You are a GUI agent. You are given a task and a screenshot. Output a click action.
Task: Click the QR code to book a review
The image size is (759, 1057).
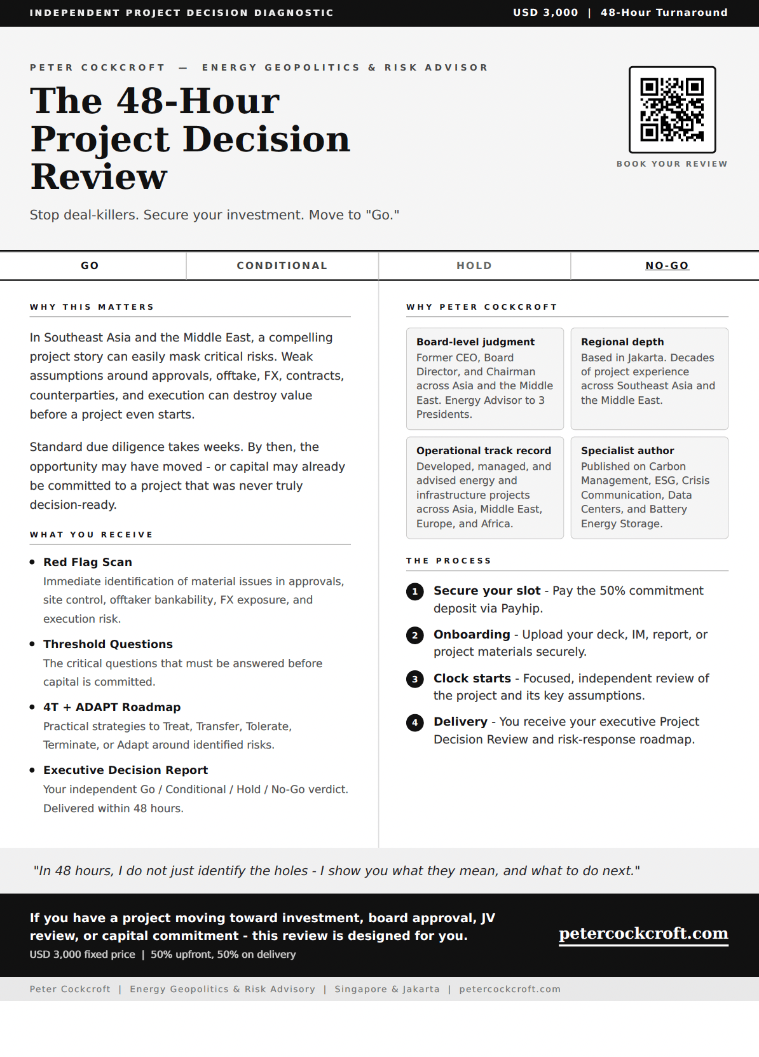pos(672,109)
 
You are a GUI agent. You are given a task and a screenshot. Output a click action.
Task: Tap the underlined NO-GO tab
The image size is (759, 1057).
pos(667,266)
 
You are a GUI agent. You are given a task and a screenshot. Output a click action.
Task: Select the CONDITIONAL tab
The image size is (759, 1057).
pos(282,266)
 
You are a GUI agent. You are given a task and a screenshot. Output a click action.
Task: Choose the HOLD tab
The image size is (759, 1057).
pos(474,266)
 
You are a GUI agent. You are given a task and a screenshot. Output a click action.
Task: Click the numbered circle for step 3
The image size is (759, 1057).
pos(415,679)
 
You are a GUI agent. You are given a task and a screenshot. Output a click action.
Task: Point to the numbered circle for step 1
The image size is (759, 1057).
pos(415,591)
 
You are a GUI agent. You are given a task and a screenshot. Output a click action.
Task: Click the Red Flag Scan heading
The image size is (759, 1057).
pos(88,562)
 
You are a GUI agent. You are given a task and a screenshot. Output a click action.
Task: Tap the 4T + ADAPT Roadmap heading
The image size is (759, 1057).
pos(112,707)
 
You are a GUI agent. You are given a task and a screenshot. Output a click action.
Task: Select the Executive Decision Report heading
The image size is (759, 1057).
pos(125,770)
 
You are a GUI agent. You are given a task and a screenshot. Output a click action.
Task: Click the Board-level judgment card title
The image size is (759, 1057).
pos(475,342)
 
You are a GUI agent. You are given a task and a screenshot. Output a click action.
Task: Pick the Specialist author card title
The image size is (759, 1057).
pos(627,451)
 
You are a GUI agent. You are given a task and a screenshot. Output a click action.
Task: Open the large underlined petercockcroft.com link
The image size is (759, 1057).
pos(643,934)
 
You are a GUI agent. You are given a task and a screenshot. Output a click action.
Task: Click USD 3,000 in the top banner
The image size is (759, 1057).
pos(545,13)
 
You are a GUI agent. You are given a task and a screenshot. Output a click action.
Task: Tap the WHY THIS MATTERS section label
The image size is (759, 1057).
pos(92,307)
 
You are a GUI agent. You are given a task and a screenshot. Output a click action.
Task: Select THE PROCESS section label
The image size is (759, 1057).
pos(449,561)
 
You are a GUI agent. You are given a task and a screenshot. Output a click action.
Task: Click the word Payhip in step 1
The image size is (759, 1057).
pos(521,609)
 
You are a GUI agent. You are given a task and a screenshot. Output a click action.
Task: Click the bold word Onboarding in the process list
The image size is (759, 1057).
pos(472,635)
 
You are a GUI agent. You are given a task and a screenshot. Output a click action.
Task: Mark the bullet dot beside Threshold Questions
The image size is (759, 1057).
pos(32,644)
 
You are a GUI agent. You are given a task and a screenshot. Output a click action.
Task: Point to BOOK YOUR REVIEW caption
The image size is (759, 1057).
pos(672,164)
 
